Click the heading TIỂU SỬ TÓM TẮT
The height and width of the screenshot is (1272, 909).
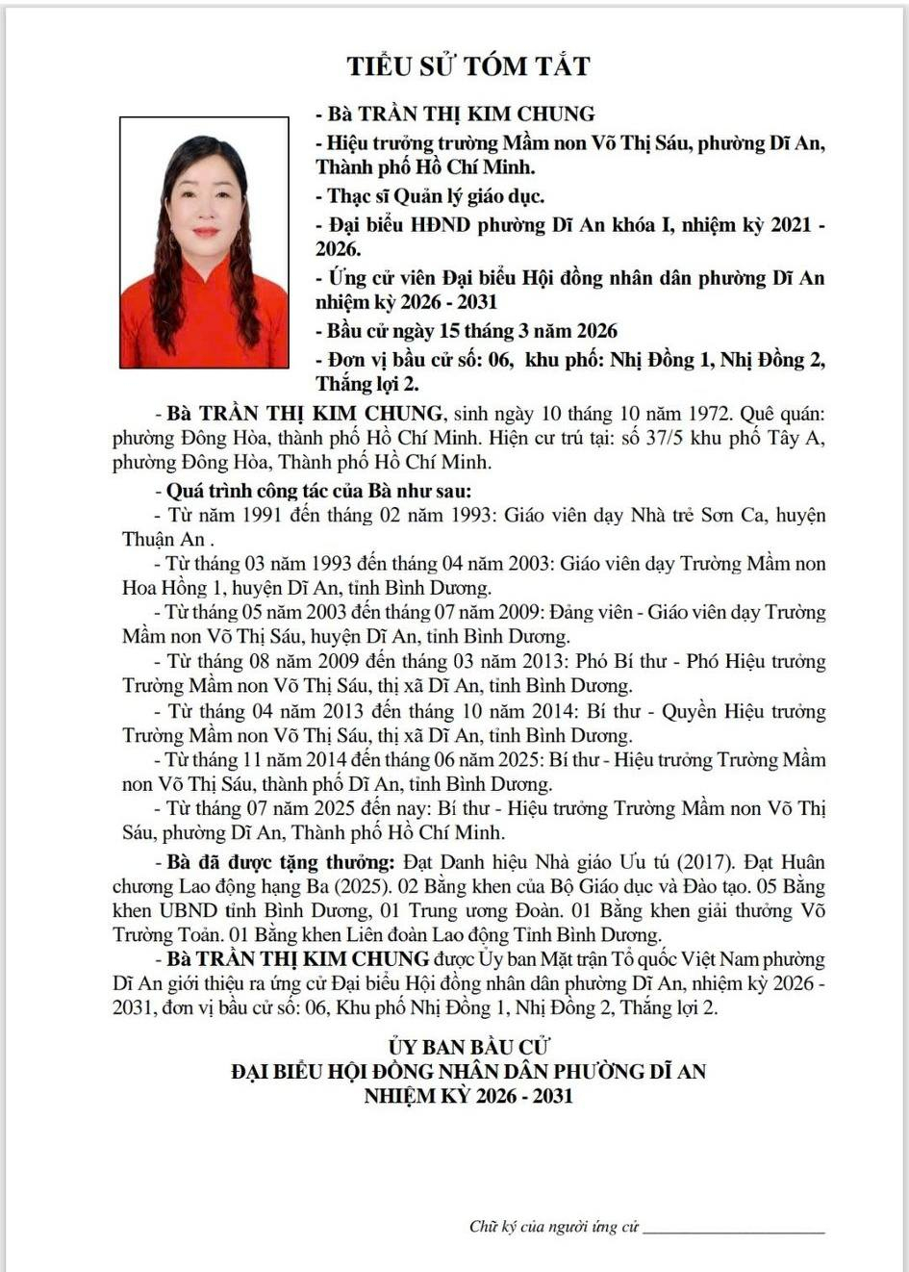[468, 66]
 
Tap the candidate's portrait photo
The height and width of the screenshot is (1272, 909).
[204, 242]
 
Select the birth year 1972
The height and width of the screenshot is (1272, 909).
[712, 414]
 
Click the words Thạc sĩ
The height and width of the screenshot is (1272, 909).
[358, 196]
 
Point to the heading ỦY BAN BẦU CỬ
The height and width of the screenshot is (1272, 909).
[468, 1047]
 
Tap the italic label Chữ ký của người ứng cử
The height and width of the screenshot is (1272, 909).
[554, 1227]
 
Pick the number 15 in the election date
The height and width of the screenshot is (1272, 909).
[449, 331]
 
